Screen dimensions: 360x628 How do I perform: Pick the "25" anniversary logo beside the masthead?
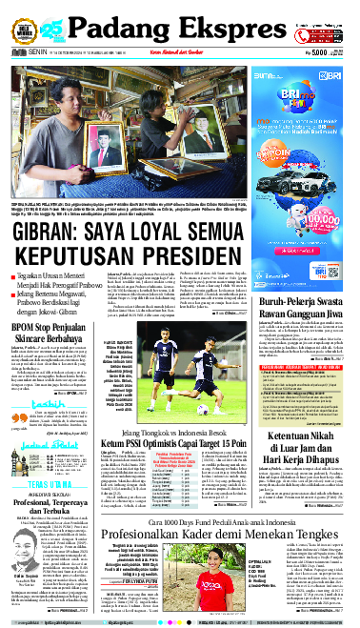pos(55,22)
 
